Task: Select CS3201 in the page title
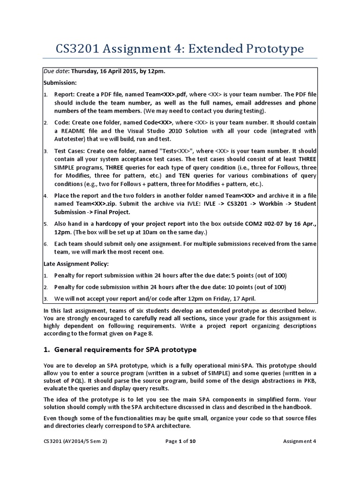click(78, 49)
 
